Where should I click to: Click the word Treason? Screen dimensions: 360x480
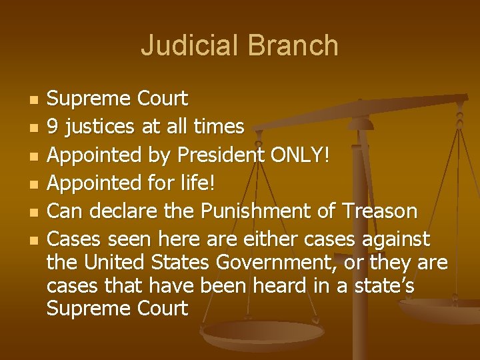pyautogui.click(x=379, y=211)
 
